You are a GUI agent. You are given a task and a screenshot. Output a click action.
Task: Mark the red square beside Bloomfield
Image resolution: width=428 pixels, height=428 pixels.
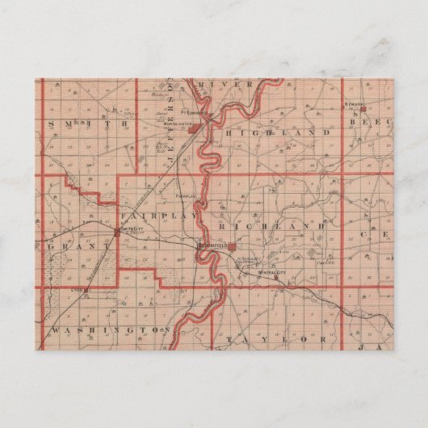point(232,247)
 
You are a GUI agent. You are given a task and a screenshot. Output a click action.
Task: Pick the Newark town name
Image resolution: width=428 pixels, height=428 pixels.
point(356,104)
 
